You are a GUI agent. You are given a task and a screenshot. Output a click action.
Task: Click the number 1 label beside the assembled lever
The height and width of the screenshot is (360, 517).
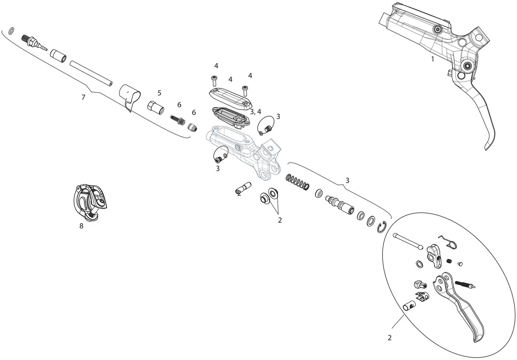click(433, 59)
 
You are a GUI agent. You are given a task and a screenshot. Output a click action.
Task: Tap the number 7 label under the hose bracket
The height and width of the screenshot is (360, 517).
click(83, 97)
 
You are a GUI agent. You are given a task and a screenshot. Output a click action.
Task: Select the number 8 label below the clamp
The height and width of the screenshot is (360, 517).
click(81, 226)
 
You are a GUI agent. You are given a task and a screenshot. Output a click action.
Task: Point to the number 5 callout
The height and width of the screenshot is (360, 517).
click(159, 93)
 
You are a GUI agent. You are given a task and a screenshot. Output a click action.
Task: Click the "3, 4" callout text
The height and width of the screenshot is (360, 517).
click(255, 111)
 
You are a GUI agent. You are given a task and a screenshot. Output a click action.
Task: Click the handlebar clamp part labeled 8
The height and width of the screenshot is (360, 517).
click(91, 201)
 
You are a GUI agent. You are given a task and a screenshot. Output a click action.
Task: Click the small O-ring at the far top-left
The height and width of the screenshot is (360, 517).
click(12, 30)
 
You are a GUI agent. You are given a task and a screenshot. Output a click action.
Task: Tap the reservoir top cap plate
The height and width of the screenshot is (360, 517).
click(229, 98)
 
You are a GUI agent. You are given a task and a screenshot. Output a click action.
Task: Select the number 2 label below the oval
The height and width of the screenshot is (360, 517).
click(389, 338)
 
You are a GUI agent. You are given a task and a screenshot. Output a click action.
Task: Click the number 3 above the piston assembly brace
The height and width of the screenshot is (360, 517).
click(347, 180)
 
